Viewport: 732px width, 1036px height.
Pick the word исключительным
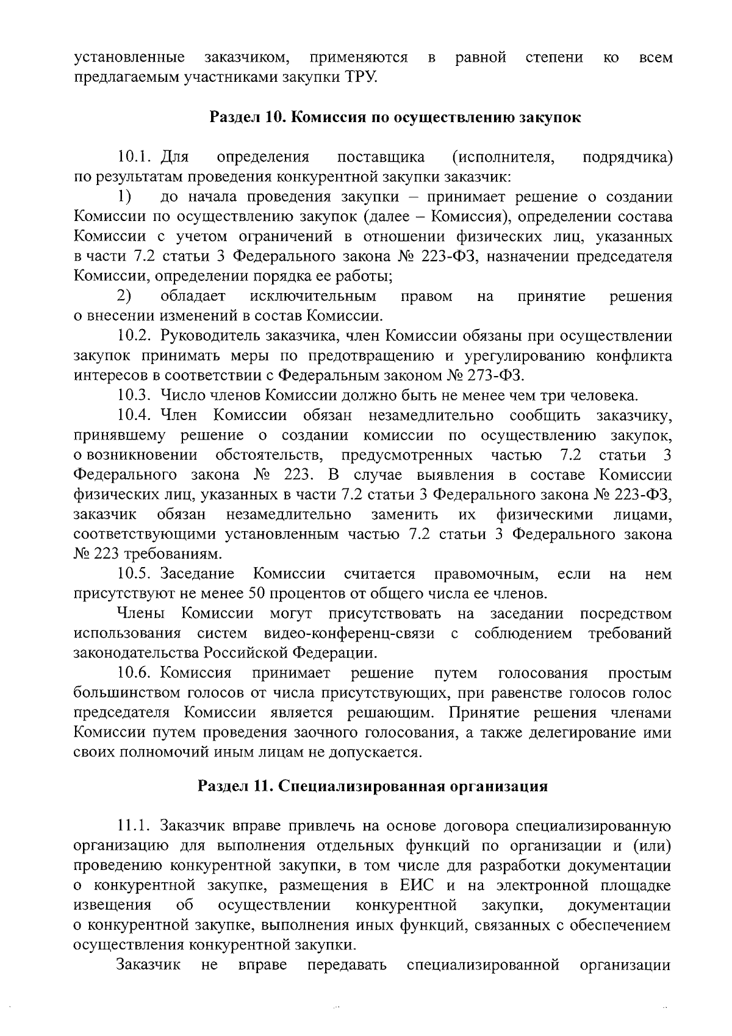point(313,296)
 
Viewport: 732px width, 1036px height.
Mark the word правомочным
point(486,574)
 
